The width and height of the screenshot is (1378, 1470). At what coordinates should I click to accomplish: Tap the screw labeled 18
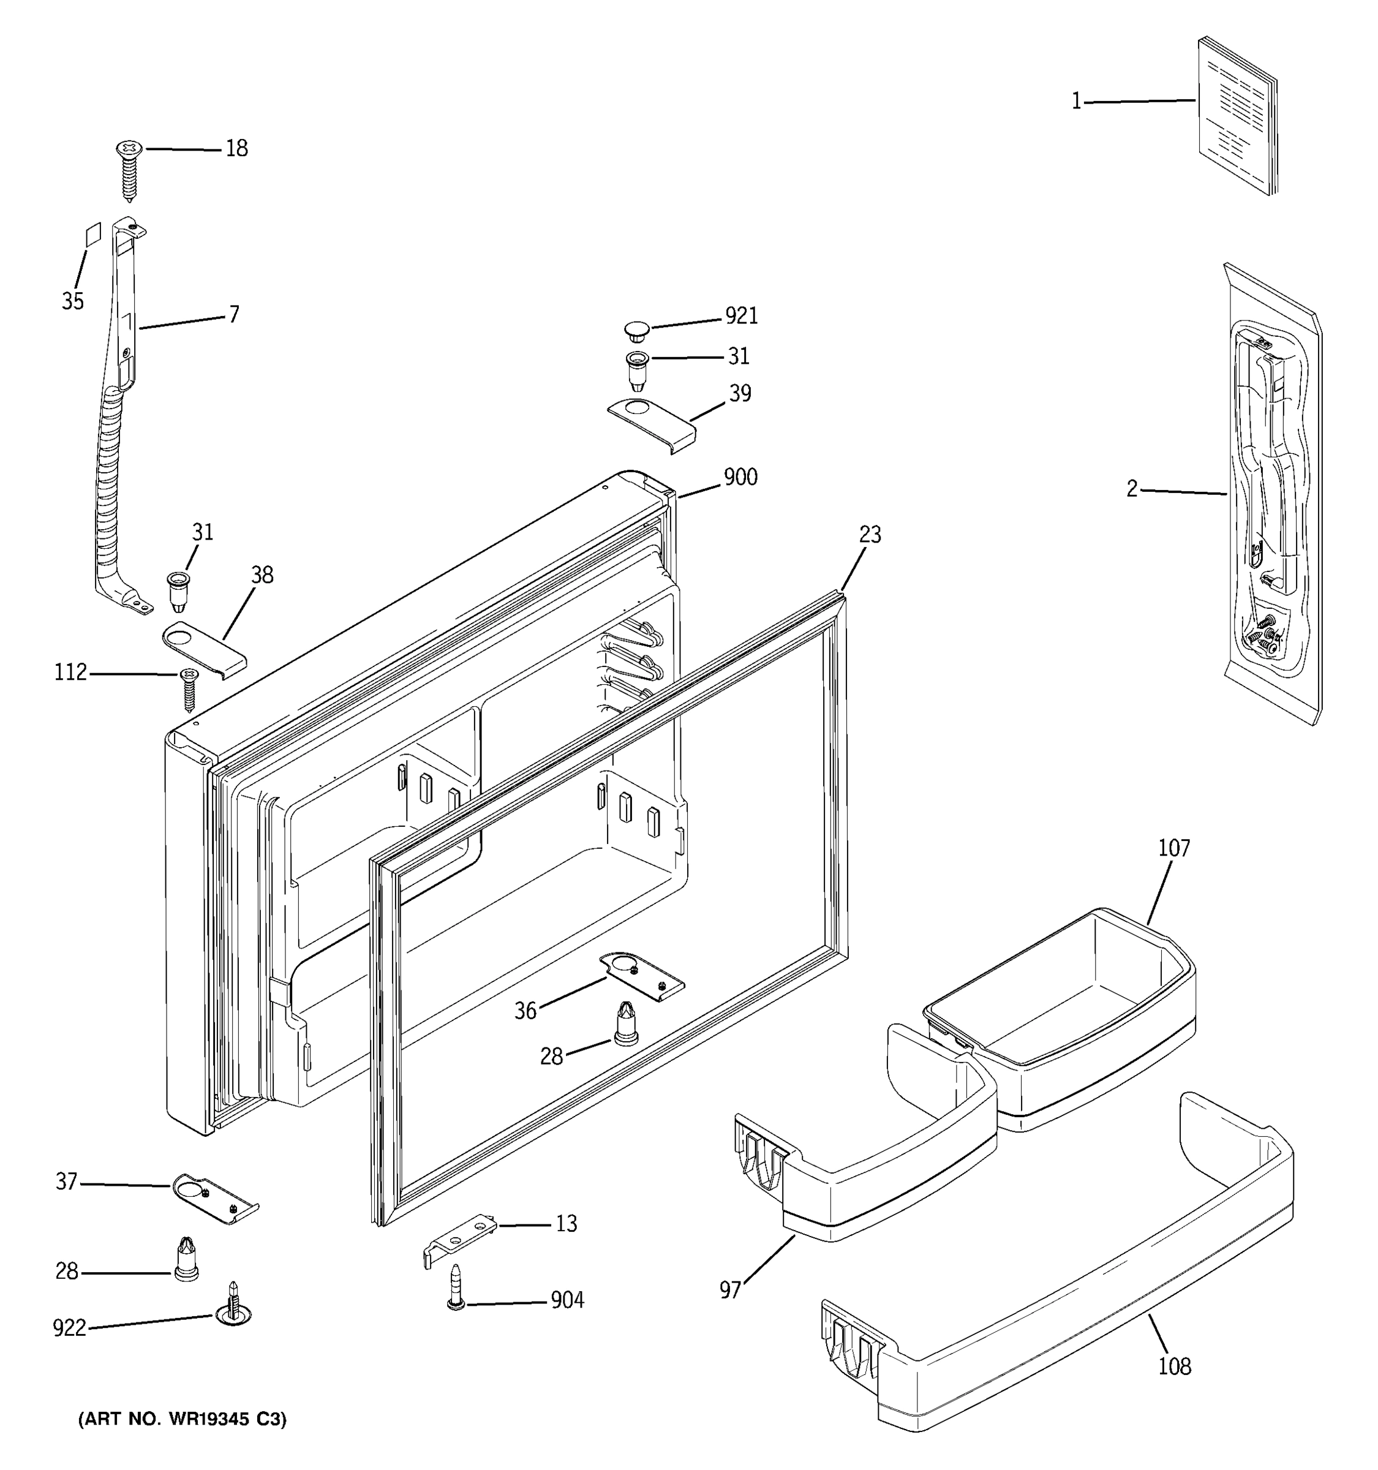129,170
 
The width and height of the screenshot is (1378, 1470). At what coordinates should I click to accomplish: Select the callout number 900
740,478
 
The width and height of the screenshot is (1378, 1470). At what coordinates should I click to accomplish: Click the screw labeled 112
189,688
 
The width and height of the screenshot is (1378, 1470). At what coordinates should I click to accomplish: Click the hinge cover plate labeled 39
651,423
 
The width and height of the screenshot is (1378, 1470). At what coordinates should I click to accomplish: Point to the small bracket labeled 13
460,1240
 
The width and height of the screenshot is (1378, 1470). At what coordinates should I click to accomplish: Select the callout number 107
1174,848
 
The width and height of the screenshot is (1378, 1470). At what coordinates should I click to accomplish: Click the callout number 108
1175,1366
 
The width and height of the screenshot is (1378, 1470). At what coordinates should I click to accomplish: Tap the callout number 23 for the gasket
870,535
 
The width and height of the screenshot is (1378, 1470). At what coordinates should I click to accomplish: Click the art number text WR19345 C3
182,1420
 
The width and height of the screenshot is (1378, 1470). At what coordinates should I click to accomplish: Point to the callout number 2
1132,489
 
